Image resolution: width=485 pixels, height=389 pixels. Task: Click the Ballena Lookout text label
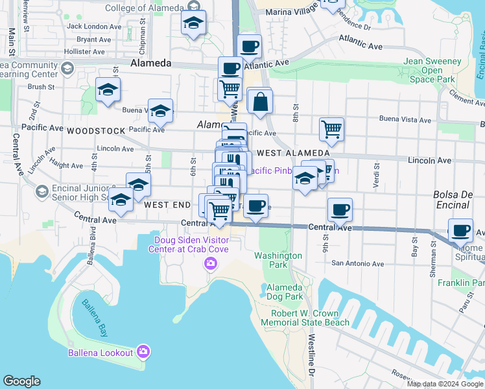coord(101,353)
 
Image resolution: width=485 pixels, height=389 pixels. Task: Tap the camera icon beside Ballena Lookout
coord(143,352)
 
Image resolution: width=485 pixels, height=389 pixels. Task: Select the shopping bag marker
coord(259,102)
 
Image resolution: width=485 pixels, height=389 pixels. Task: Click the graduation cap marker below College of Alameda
coord(193,23)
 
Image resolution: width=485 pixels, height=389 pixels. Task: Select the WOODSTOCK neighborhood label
coord(96,130)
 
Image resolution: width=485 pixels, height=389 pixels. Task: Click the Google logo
coord(21,381)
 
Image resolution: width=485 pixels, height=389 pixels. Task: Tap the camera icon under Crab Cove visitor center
coord(210,263)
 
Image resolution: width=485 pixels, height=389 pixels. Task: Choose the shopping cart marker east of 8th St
coord(331,128)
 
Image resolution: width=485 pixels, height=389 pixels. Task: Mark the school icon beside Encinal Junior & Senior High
coord(41,192)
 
